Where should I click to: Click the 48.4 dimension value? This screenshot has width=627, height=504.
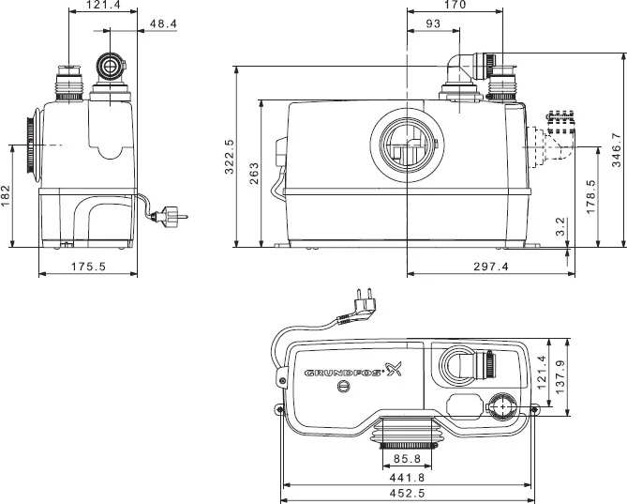(x=162, y=23)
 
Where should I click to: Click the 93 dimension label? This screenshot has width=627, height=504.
(x=433, y=23)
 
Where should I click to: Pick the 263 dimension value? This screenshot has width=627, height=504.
(x=254, y=174)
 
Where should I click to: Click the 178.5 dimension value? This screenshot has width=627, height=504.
(x=590, y=198)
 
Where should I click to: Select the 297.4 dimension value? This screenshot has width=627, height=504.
(x=489, y=267)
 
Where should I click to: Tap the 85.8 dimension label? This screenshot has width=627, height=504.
(x=406, y=460)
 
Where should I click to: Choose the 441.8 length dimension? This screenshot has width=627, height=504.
(x=406, y=476)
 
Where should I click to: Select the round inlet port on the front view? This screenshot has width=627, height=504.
(x=406, y=145)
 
